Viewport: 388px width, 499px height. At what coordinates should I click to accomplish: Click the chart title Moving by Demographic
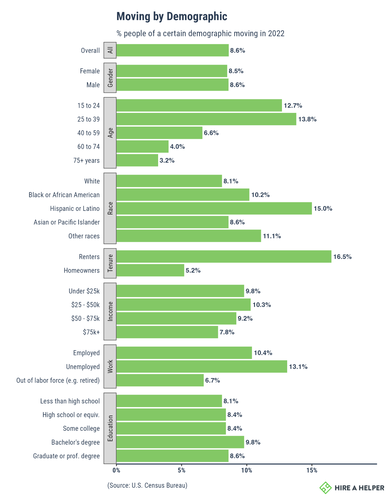172,16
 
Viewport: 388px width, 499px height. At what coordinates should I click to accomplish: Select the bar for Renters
224,256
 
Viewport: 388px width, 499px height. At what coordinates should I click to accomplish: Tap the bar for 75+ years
137,160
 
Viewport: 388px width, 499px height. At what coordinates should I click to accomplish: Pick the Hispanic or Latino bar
214,208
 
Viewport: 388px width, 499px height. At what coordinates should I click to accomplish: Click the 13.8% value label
307,119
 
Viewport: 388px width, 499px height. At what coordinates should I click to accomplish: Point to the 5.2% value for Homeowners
193,270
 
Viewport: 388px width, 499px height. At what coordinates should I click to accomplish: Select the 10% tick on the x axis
247,471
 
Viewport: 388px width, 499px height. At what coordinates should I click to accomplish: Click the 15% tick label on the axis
312,471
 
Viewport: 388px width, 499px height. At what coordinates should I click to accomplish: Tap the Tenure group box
110,263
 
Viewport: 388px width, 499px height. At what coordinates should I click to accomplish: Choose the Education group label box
110,428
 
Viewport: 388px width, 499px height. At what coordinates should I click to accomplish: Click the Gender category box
110,78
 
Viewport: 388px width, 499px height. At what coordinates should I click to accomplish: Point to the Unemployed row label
83,367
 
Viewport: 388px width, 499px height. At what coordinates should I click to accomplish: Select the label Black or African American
64,195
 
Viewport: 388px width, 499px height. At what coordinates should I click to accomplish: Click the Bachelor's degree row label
75,442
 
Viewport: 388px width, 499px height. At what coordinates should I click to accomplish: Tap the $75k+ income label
91,332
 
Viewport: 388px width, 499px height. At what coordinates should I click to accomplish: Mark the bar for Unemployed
201,366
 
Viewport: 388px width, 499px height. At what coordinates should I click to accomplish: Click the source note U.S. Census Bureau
147,485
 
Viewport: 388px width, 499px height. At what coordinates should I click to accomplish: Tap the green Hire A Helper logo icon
326,488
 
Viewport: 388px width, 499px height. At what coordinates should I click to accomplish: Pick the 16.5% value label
342,257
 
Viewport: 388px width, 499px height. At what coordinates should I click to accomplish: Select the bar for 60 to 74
142,146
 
